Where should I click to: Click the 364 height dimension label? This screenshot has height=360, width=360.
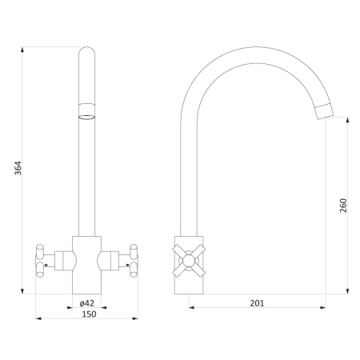[x=18, y=168]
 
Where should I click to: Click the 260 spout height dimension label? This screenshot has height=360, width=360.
[x=343, y=206]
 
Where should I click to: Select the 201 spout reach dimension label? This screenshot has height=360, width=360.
[x=257, y=303]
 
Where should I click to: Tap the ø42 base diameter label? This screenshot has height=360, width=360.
[x=87, y=303]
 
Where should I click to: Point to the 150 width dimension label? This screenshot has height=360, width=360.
[x=89, y=314]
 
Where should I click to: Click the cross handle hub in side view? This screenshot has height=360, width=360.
[x=189, y=261]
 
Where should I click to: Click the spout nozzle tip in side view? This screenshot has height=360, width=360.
[x=325, y=111]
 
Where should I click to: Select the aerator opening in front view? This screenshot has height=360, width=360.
[x=86, y=117]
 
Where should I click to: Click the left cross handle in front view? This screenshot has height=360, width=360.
[x=40, y=261]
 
